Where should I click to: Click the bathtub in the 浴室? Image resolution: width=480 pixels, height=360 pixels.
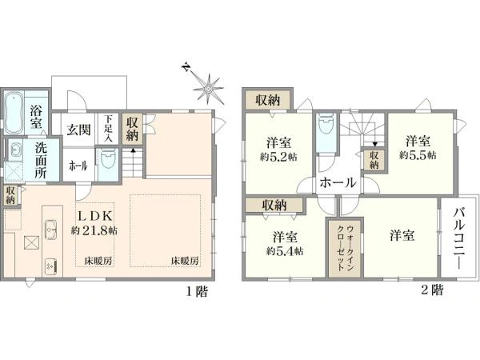[14, 113]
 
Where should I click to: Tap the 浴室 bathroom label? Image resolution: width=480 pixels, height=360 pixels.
[37, 117]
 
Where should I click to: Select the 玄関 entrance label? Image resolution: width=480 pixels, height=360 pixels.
[79, 130]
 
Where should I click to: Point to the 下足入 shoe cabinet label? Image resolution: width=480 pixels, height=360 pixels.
[108, 128]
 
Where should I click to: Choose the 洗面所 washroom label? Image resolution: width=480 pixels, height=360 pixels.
[40, 160]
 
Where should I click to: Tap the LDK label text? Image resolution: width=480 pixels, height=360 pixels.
[96, 216]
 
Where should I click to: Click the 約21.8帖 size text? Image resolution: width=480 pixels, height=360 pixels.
[94, 230]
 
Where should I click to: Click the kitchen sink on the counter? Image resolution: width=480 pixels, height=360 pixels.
[51, 227]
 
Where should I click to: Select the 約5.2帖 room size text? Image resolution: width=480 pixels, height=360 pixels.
[278, 158]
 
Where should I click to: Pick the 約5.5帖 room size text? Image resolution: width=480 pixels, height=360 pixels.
[418, 155]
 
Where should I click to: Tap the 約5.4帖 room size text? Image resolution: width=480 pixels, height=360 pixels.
[285, 251]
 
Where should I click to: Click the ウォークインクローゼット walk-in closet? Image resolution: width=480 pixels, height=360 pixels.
[346, 249]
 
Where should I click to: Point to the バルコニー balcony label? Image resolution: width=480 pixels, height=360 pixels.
[459, 238]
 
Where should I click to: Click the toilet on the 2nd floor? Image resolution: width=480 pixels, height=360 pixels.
[326, 126]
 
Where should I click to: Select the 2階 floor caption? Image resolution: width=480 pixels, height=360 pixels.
[432, 290]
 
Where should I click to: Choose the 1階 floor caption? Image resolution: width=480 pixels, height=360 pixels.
[198, 291]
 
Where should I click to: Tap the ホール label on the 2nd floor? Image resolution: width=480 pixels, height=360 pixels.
[338, 182]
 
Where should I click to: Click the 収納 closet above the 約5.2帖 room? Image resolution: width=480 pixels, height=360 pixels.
[268, 100]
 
